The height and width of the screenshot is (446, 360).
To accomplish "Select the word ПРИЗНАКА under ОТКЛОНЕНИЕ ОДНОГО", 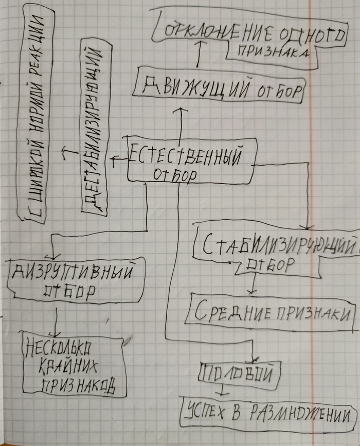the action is (273, 52).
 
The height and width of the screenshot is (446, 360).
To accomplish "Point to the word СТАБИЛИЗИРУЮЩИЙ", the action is (279, 245).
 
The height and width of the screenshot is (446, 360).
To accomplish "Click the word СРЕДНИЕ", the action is (232, 312).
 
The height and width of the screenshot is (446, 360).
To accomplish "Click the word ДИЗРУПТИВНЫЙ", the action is (73, 272).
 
